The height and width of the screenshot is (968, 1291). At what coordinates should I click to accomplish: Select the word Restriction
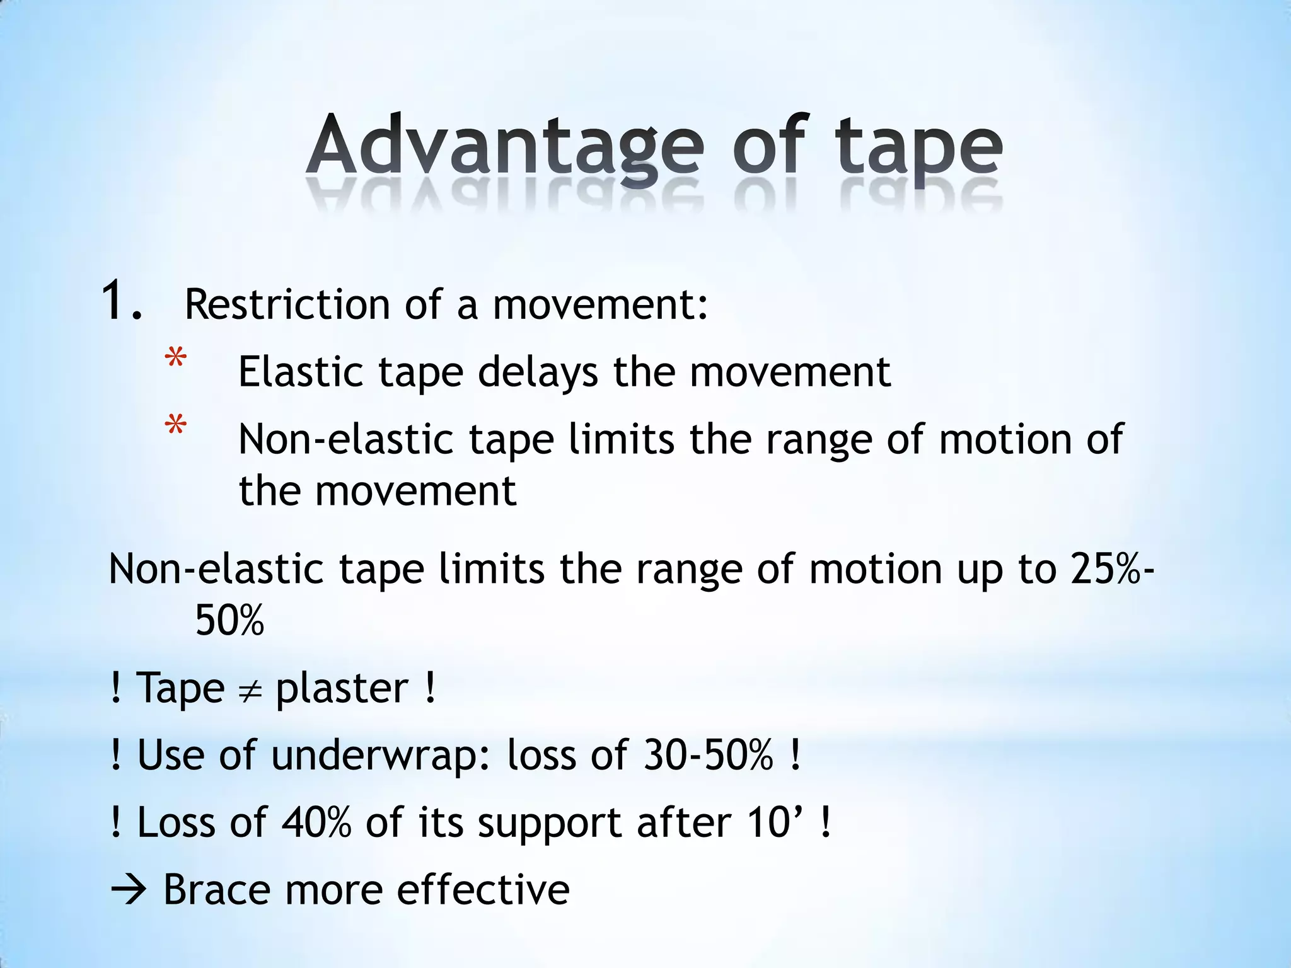pos(287,304)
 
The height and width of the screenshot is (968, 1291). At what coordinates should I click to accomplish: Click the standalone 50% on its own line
pos(229,620)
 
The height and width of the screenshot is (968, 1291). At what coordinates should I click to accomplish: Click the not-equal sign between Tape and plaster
pos(250,689)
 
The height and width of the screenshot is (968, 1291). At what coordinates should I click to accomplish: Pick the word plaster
pos(342,689)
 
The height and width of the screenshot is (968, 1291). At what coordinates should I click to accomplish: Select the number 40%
pos(316,822)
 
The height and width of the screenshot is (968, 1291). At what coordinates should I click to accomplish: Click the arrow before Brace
pos(129,891)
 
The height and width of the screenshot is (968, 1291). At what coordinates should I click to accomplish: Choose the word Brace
pos(216,890)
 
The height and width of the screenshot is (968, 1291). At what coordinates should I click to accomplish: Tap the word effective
pos(483,890)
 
